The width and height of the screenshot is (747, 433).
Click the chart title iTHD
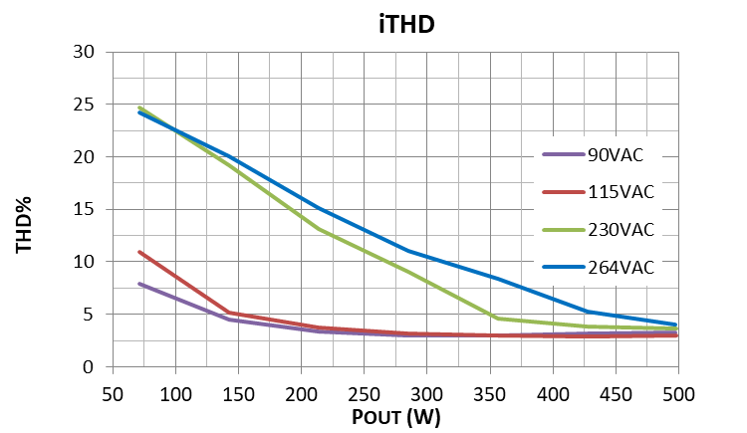click(405, 23)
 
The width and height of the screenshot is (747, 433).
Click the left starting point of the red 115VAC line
click(140, 252)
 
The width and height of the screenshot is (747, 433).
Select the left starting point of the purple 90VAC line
click(140, 284)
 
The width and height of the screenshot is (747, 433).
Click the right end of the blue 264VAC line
click(677, 325)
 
